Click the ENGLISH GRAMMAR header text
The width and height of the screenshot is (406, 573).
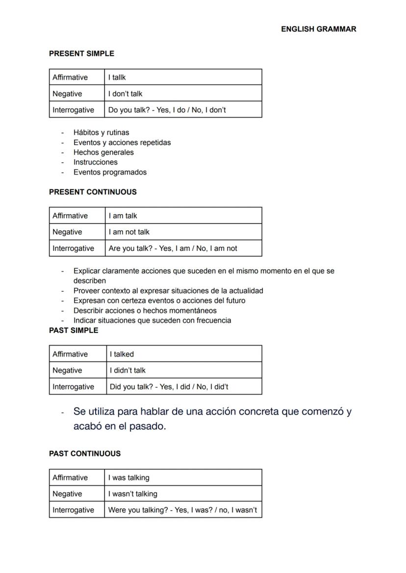tap(318, 29)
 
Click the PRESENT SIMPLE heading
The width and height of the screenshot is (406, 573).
tap(81, 53)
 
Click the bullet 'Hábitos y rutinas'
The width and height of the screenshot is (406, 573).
tap(101, 132)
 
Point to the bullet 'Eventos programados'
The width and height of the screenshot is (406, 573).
tap(110, 172)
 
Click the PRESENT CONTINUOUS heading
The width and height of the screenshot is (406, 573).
tap(93, 192)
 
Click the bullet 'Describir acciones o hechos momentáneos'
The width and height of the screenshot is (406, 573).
tap(145, 310)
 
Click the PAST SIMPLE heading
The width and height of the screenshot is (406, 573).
tap(74, 330)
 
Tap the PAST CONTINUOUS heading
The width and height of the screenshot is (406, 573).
tap(84, 453)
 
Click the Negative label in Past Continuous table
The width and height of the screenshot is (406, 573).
tap(67, 494)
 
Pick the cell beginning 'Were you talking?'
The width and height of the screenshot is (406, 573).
tap(182, 510)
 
